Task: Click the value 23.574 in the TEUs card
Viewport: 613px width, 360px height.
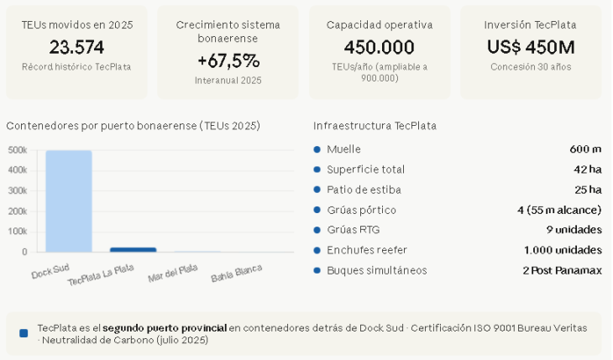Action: point(76,47)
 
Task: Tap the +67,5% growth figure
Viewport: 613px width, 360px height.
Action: point(228,60)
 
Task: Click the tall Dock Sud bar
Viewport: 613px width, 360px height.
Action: point(69,201)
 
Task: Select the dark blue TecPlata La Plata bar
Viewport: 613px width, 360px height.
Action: point(133,249)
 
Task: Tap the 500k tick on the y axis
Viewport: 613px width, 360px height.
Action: point(18,150)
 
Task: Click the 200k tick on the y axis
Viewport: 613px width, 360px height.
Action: point(18,211)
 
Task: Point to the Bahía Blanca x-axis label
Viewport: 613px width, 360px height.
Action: point(237,273)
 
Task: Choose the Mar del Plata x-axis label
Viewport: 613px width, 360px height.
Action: point(173,273)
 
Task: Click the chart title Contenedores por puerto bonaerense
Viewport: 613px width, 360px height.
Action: point(133,126)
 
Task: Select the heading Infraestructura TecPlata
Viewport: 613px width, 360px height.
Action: point(375,126)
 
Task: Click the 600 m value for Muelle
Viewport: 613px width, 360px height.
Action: point(585,149)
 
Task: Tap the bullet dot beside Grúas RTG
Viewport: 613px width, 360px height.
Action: point(317,230)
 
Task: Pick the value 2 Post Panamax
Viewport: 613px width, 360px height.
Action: point(562,270)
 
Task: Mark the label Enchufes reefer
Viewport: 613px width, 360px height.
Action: point(364,250)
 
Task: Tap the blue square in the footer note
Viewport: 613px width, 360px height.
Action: point(24,333)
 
